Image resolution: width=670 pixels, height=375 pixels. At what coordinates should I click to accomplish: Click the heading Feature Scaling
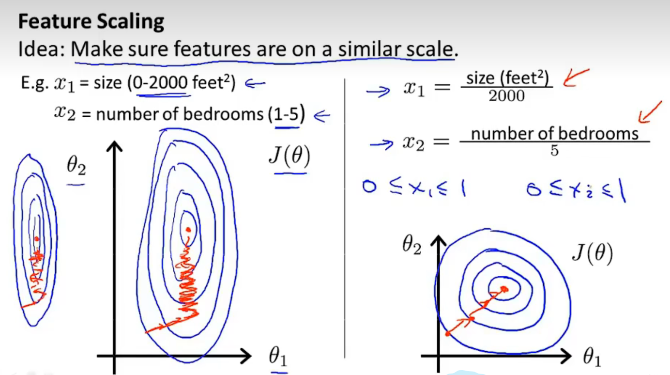[x=91, y=22]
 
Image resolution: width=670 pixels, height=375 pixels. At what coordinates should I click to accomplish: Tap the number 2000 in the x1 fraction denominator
[x=506, y=95]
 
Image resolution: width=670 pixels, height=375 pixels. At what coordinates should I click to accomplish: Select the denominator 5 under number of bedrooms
[x=554, y=151]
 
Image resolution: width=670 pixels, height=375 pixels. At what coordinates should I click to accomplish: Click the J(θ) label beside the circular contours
[x=592, y=253]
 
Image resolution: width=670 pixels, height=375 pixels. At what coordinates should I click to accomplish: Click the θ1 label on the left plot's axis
[x=278, y=358]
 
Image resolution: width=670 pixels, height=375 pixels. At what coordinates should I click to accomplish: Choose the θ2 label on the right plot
[x=412, y=246]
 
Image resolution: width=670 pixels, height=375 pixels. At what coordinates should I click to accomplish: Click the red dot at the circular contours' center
[x=505, y=289]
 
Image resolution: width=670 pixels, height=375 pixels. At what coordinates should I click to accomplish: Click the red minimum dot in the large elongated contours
[x=188, y=230]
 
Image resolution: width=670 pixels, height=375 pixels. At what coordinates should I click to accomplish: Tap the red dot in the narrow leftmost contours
[x=36, y=238]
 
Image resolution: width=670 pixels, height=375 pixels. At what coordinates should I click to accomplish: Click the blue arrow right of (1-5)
[x=322, y=115]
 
